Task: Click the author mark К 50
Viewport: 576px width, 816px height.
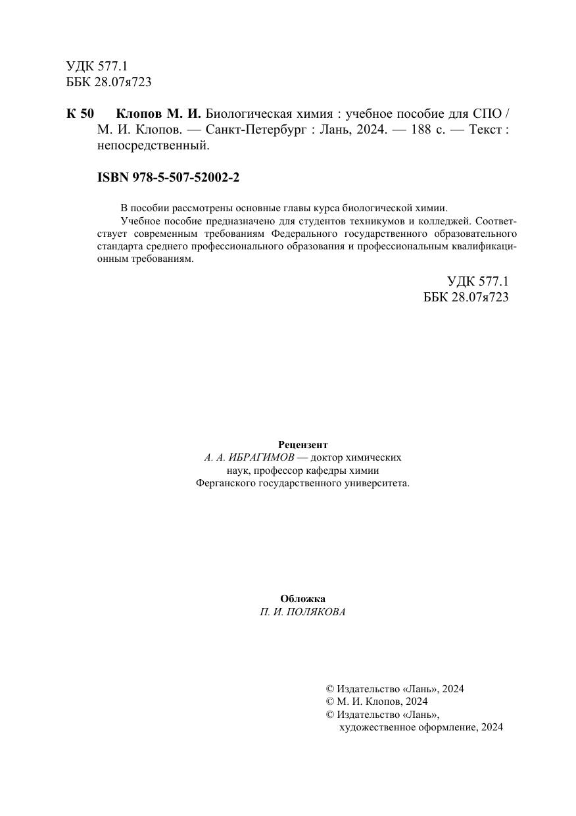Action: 80,113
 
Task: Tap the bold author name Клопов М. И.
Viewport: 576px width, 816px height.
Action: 158,113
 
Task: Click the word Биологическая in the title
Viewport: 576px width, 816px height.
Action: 249,113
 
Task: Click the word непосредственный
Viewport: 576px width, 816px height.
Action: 153,145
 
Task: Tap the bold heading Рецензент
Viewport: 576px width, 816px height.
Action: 302,444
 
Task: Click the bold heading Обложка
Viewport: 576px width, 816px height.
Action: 302,599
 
